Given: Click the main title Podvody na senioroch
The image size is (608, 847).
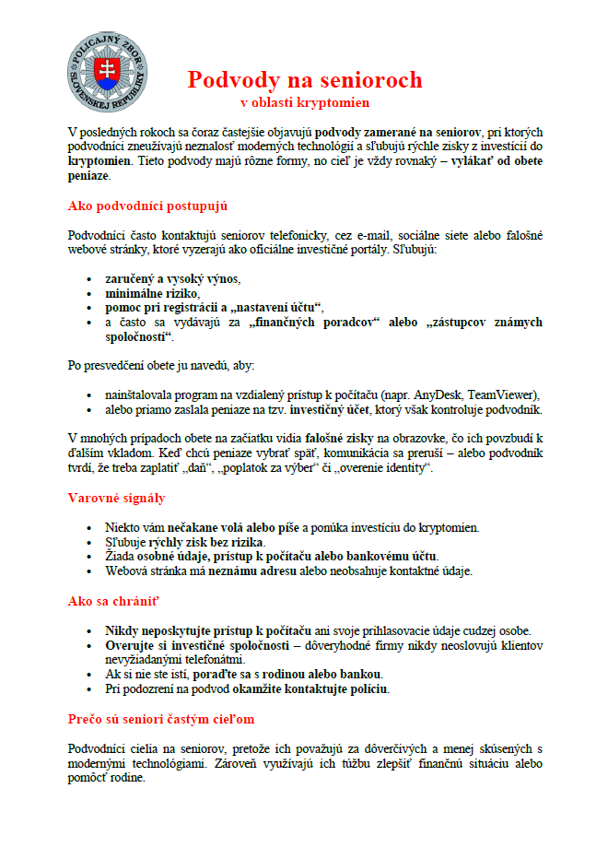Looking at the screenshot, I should click(304, 79).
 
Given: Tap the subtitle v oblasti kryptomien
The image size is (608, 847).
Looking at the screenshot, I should click(304, 101).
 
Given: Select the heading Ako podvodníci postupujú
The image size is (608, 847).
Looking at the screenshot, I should click(147, 206).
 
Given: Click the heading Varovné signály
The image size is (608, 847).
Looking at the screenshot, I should click(116, 498).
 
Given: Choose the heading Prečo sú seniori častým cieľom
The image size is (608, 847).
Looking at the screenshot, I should click(161, 718).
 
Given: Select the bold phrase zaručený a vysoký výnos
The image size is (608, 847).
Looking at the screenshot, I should click(170, 278).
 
